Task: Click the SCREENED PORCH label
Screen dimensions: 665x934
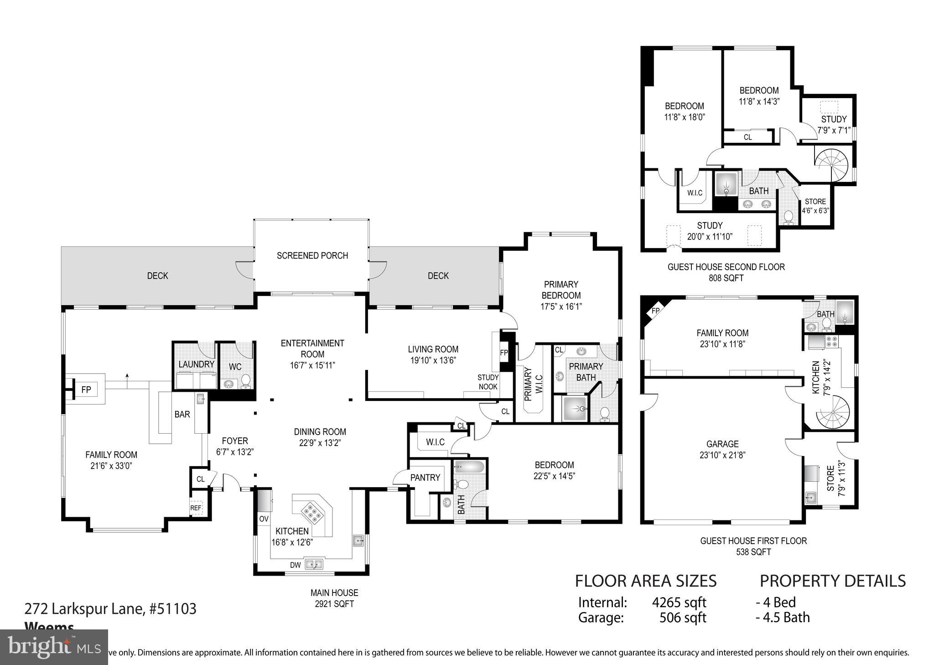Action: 312,256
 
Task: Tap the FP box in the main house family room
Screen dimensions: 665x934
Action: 86,390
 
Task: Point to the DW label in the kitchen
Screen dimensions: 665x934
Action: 296,565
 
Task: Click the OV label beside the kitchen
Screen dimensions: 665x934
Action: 264,519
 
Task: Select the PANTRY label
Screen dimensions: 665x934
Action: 425,478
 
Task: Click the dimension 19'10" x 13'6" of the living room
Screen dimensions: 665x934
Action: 433,360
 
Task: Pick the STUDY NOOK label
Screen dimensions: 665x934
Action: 488,382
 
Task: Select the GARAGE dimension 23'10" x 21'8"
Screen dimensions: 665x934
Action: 722,455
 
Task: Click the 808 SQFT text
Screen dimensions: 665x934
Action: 726,278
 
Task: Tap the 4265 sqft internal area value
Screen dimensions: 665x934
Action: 679,603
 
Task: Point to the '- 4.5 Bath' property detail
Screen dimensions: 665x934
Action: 783,618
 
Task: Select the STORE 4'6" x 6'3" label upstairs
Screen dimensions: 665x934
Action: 815,206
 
